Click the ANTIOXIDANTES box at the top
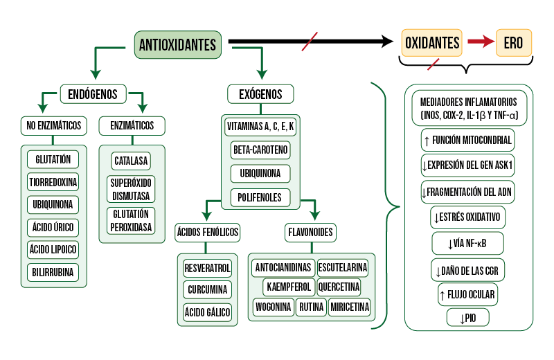pyautogui.click(x=179, y=44)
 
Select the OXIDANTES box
pyautogui.click(x=431, y=43)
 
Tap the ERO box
pyautogui.click(x=513, y=43)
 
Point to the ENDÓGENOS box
pyautogui.click(x=93, y=93)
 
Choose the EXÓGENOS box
pyautogui.click(x=260, y=93)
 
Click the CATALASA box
pyautogui.click(x=132, y=161)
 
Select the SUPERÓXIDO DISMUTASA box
pyautogui.click(x=132, y=189)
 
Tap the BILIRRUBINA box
pyautogui.click(x=53, y=272)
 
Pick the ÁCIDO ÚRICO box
pyautogui.click(x=53, y=227)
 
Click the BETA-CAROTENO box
pyautogui.click(x=260, y=150)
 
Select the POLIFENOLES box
pyautogui.click(x=260, y=197)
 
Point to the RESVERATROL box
pyautogui.click(x=208, y=267)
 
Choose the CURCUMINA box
pyautogui.click(x=208, y=289)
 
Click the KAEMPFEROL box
pyautogui.click(x=289, y=286)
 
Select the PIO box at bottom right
pyautogui.click(x=468, y=318)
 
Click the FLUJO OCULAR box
pyautogui.click(x=468, y=295)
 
